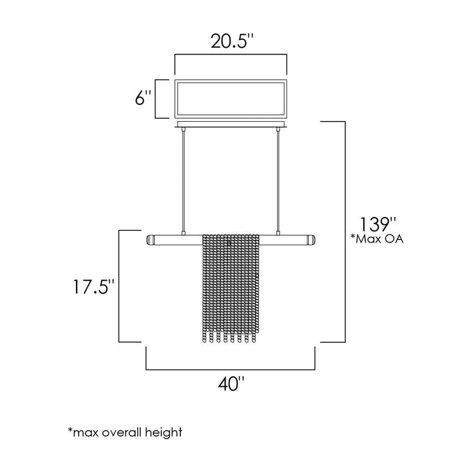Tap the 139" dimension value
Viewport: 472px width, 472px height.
[x=378, y=224]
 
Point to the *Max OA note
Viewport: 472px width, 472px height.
[x=376, y=239]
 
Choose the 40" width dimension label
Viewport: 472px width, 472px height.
[x=231, y=383]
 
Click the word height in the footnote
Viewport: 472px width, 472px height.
[x=163, y=433]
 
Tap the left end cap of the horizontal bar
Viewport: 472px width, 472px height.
[x=150, y=240]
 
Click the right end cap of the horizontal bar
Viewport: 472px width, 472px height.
[x=311, y=240]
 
